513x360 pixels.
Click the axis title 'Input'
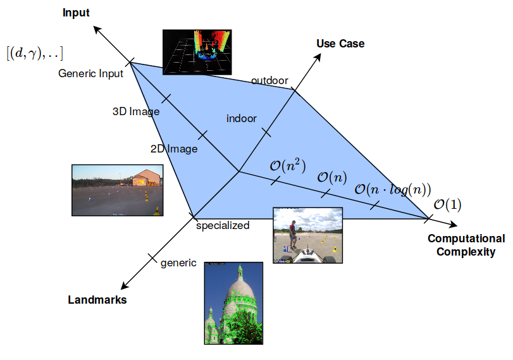point(76,13)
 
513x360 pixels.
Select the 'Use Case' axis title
point(340,43)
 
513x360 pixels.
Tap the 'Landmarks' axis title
point(97,300)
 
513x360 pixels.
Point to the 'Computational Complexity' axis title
point(466,245)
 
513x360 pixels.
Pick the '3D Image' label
point(135,111)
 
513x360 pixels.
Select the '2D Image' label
point(174,149)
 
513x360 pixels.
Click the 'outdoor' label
point(269,80)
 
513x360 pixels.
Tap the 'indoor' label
point(242,118)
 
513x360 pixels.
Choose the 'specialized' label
point(222,225)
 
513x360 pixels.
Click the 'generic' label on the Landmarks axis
point(178,263)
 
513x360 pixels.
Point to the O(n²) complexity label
point(288,166)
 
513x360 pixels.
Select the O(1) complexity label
point(447,204)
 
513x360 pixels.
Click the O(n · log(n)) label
point(392,189)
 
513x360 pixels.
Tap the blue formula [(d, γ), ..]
point(35,52)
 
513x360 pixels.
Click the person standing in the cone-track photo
point(292,233)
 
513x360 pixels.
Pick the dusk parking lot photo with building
point(117,190)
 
